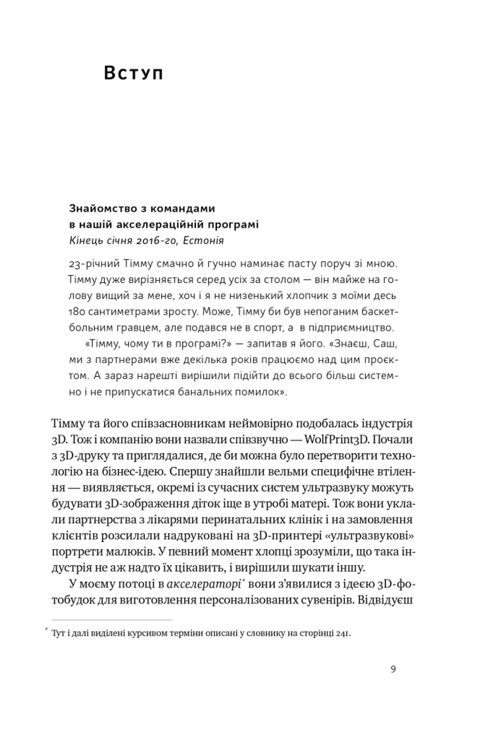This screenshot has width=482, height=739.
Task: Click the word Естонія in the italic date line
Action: [203, 241]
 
